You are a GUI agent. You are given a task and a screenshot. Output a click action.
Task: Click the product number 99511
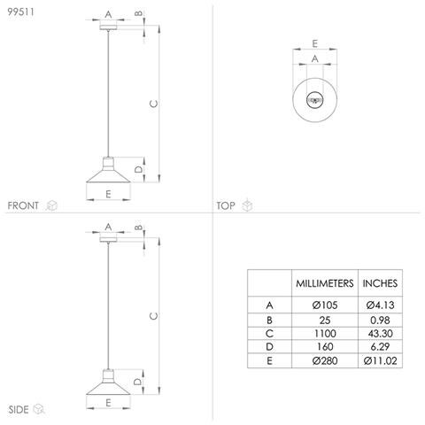pyautogui.click(x=20, y=12)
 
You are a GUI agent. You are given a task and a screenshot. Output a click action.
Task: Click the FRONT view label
pyautogui.click(x=23, y=205)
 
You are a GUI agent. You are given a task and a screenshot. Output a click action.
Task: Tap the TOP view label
pyautogui.click(x=226, y=205)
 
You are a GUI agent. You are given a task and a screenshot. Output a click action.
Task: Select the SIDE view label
pyautogui.click(x=19, y=409)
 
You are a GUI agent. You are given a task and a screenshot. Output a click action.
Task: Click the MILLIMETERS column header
pyautogui.click(x=325, y=283)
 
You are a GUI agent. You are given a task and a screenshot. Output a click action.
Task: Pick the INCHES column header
pyautogui.click(x=380, y=283)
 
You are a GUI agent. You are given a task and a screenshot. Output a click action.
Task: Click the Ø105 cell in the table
pyautogui.click(x=325, y=305)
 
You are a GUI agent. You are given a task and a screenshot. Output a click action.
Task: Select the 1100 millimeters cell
pyautogui.click(x=325, y=334)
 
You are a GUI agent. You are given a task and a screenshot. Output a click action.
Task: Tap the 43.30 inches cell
pyautogui.click(x=380, y=334)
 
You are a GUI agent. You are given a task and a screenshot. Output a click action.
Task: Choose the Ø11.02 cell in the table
pyautogui.click(x=380, y=360)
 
